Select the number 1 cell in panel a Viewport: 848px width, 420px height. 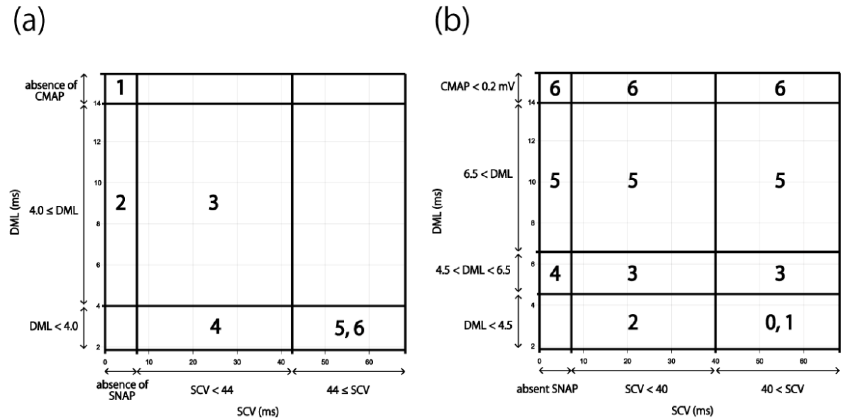point(120,88)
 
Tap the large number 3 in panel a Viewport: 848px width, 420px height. point(213,203)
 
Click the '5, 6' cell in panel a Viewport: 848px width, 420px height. point(349,328)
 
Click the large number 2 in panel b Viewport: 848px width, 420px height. point(633,323)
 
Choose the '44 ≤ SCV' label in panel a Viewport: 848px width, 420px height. point(348,390)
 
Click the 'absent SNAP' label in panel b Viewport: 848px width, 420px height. point(547,389)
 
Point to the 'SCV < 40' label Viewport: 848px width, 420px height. point(646,389)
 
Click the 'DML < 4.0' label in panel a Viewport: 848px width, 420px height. point(54,326)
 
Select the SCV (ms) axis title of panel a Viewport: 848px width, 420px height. point(258,411)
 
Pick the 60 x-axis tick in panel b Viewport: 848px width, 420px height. point(803,361)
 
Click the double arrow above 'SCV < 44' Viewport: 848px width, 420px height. point(214,372)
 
